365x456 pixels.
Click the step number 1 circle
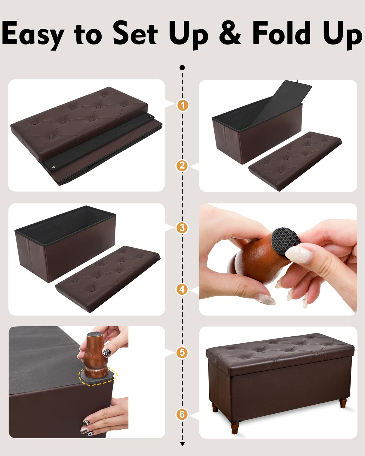coord(182,105)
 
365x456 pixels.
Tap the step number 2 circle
coord(182,166)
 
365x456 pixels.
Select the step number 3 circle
coord(182,228)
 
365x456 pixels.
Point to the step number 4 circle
coord(182,289)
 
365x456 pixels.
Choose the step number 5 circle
coord(182,352)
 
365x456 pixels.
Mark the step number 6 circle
coord(182,414)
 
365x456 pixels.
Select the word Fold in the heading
coord(281,33)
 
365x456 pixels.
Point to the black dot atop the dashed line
coord(182,68)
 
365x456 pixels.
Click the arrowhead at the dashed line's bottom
coord(182,444)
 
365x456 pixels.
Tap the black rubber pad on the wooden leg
coord(286,240)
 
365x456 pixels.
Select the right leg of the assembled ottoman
coord(343,403)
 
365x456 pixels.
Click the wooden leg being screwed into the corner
coord(95,354)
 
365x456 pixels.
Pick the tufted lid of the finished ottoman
coord(280,348)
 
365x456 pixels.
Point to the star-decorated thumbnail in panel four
coord(267,299)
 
